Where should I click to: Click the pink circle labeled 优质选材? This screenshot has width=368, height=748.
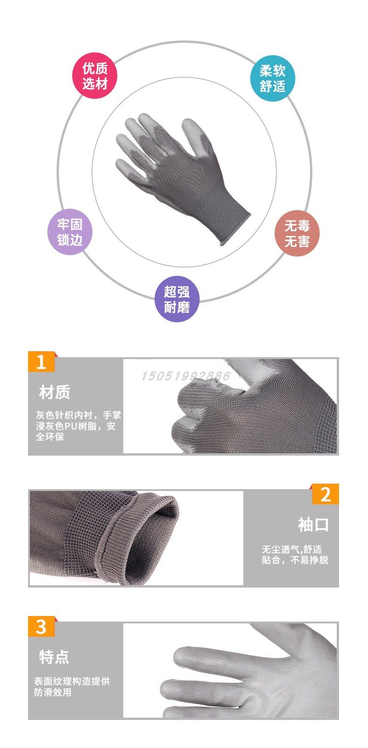95,76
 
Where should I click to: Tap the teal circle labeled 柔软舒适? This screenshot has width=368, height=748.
272,79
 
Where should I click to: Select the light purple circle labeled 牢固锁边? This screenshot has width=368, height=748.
70,233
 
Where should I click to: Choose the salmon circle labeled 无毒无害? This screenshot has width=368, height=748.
297,234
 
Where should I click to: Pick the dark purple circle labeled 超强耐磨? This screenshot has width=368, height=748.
177,299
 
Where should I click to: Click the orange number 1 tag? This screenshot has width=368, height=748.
41,362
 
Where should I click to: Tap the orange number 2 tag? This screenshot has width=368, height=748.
325,494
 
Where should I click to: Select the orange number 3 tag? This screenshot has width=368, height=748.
41,626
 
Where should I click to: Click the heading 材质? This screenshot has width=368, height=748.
55,393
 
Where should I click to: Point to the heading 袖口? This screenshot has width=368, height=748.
313,525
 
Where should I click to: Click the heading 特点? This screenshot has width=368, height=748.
54,657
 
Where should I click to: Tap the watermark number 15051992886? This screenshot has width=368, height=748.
185,377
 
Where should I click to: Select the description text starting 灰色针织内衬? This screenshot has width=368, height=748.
78,426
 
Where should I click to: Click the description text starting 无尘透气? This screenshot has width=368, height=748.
295,554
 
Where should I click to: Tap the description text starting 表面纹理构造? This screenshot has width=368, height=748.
72,687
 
